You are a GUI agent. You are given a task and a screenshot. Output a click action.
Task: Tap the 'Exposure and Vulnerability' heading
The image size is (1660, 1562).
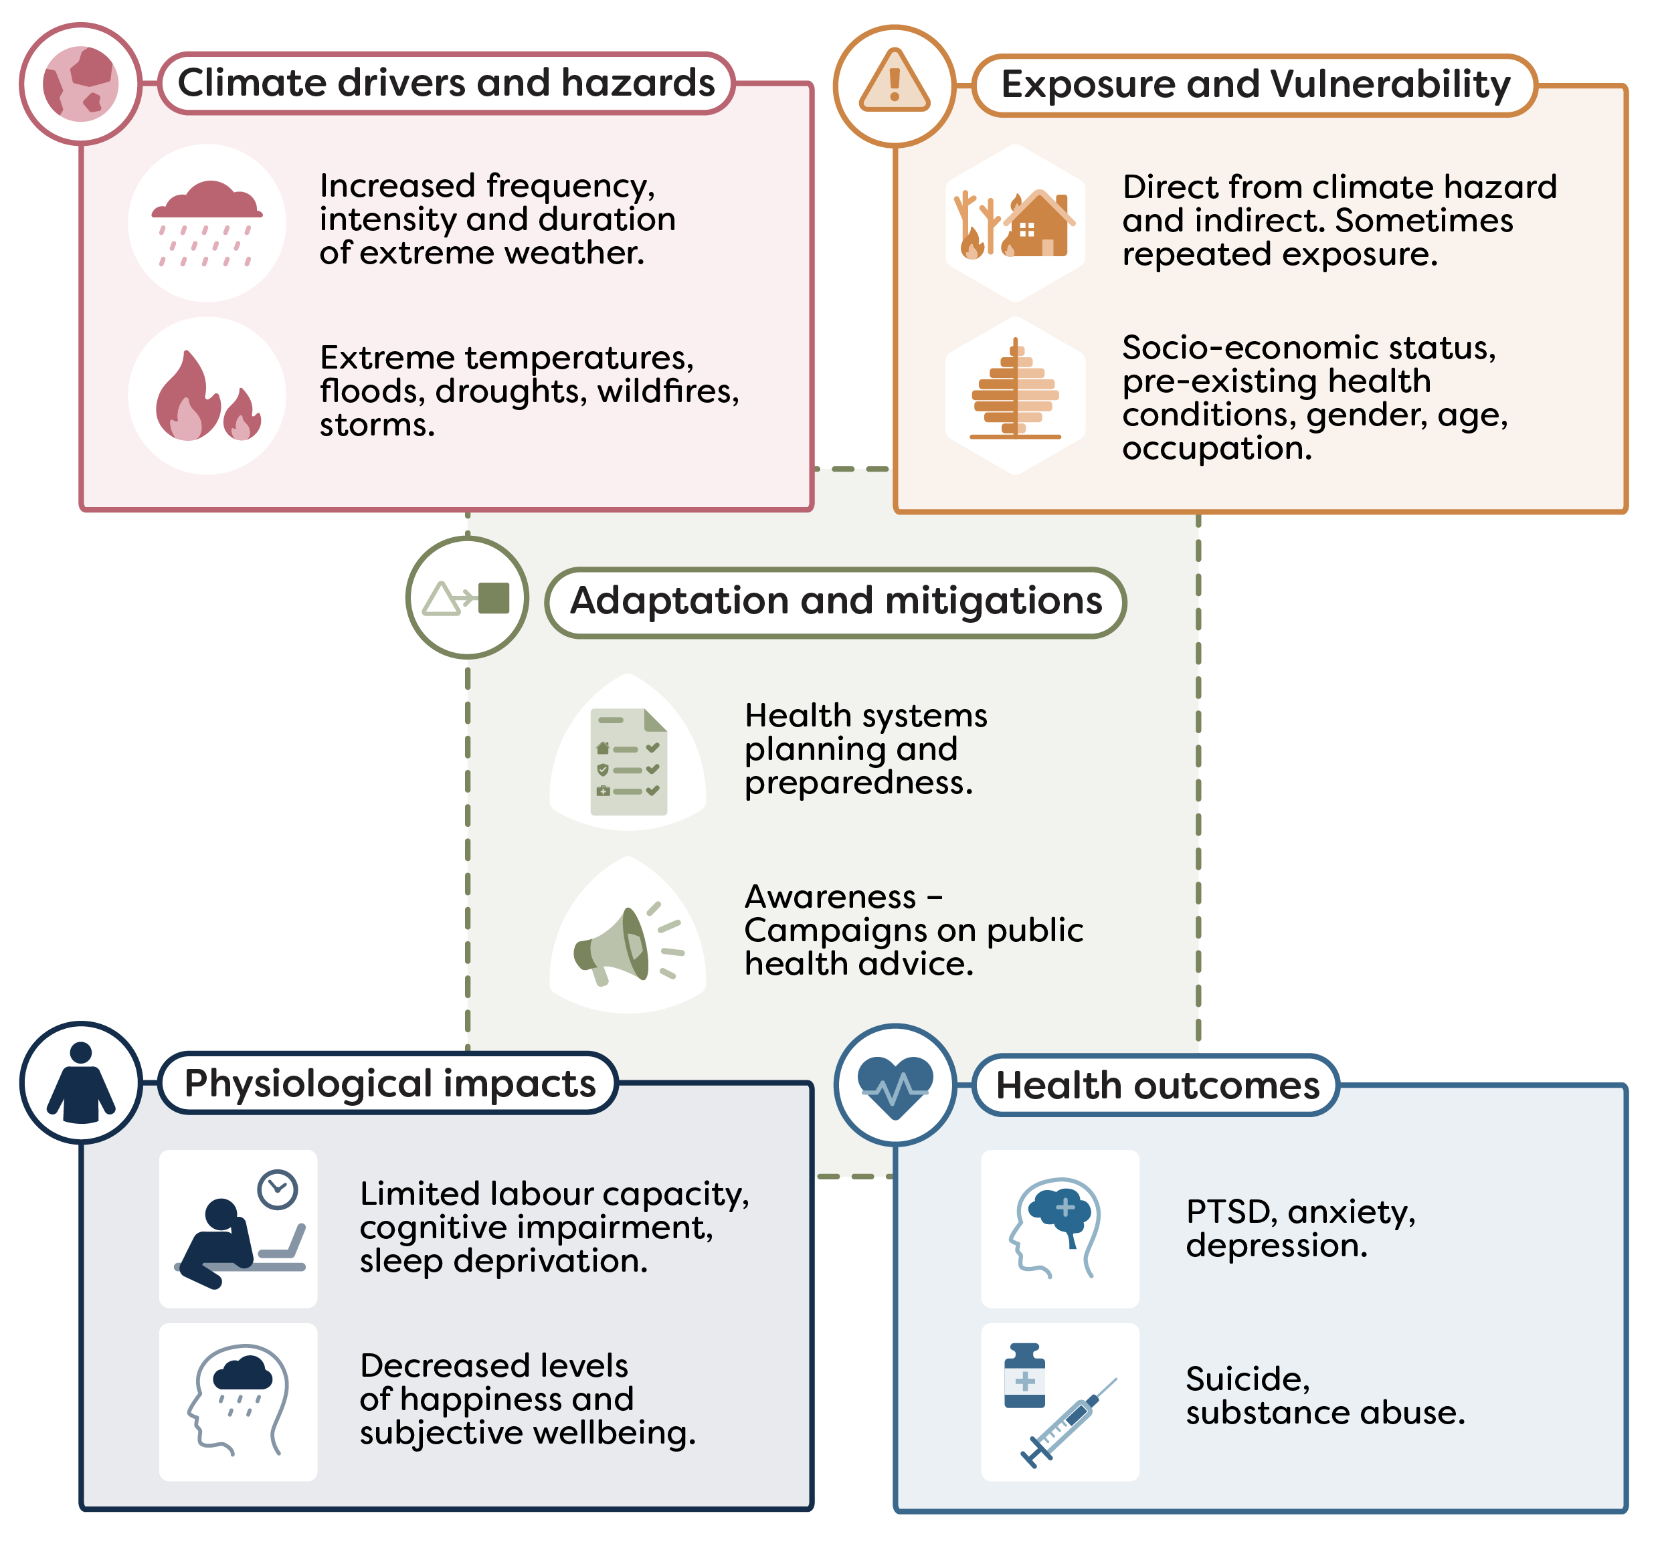1255,84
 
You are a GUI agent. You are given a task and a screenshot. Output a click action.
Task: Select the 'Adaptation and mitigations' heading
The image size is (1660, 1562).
836,601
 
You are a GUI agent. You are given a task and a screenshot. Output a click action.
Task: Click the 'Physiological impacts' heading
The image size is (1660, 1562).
389,1083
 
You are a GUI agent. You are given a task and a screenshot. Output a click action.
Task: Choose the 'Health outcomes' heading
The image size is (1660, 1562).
1158,1085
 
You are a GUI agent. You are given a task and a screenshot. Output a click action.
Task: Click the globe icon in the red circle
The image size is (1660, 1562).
81,84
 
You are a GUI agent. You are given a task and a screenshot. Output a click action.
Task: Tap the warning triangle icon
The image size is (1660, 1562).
895,84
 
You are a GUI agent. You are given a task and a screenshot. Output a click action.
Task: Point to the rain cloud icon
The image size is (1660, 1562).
207,222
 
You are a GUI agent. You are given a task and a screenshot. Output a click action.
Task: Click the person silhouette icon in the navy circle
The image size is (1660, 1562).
81,1083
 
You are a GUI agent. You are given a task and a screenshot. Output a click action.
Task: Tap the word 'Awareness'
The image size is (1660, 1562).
830,896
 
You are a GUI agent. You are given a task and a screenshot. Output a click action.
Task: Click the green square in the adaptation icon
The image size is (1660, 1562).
494,598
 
